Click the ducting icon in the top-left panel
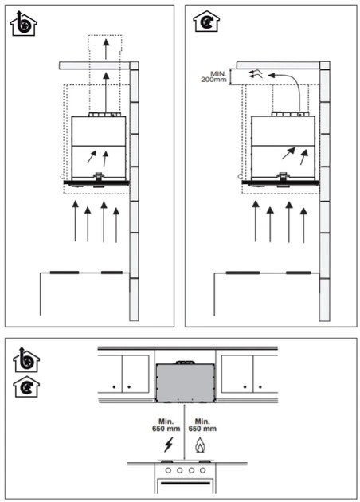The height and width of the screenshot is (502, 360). (23, 23)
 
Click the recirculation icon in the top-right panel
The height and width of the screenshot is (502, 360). (206, 21)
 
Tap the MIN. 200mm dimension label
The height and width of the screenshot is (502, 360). (213, 76)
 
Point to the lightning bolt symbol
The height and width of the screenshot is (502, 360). (169, 445)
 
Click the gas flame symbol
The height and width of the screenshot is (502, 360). (201, 445)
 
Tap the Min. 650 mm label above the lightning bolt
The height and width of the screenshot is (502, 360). (166, 426)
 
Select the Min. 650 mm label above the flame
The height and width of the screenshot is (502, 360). (202, 426)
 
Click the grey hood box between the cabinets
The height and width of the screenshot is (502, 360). (186, 382)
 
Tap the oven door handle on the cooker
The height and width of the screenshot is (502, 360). (186, 483)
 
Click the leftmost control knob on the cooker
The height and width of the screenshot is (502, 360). (168, 470)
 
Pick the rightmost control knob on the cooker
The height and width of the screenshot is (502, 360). (202, 470)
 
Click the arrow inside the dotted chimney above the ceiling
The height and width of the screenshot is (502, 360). (106, 49)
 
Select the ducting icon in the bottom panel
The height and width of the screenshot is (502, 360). (26, 359)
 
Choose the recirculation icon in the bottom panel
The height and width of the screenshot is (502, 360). (26, 386)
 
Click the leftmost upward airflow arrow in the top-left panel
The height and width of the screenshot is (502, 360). (75, 221)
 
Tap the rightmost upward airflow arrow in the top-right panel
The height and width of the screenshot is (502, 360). (303, 225)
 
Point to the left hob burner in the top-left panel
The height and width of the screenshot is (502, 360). (65, 273)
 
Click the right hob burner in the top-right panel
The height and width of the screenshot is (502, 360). (299, 273)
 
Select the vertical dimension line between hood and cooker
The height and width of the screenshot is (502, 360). (185, 431)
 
